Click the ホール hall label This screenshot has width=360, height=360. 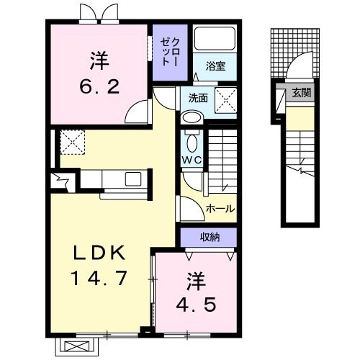point(219,209)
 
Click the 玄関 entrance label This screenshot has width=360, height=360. point(301,91)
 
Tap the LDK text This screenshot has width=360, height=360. point(102,253)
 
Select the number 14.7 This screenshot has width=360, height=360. point(102,276)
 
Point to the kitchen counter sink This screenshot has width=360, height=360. point(133,179)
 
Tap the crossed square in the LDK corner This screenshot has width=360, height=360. point(73,140)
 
